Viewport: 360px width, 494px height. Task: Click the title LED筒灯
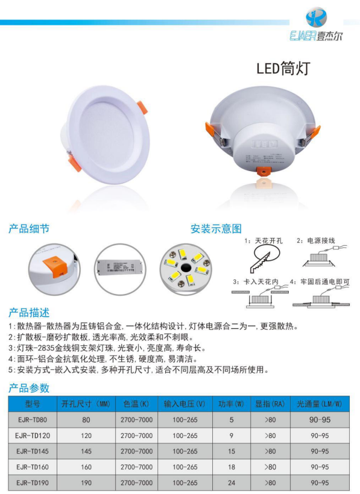pos(283,68)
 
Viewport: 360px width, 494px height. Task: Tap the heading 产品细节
pos(29,229)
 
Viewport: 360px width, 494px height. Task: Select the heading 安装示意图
pos(216,229)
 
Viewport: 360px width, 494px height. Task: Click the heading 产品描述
pos(29,313)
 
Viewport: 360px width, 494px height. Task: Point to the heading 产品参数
pos(29,388)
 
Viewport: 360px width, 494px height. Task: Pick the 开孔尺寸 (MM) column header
pos(86,404)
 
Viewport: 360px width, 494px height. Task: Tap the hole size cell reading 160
pos(86,467)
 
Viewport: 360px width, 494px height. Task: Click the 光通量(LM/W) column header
pos(320,404)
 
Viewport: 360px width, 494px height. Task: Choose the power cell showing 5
pos(231,419)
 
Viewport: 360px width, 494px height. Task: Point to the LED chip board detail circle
pos(185,269)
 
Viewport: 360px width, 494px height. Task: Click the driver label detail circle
pos(120,269)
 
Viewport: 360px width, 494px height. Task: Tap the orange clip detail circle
pos(54,269)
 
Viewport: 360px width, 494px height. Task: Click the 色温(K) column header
pos(136,404)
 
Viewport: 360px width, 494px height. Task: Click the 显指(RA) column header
pos(270,404)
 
